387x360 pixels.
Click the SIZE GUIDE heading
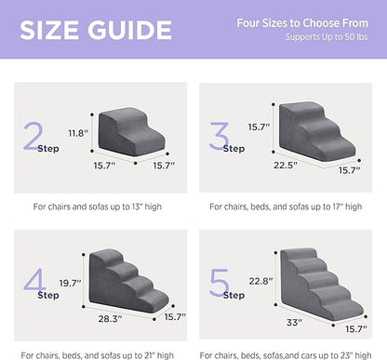click(90, 29)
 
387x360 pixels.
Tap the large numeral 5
click(220, 281)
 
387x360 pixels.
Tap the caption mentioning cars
click(290, 354)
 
